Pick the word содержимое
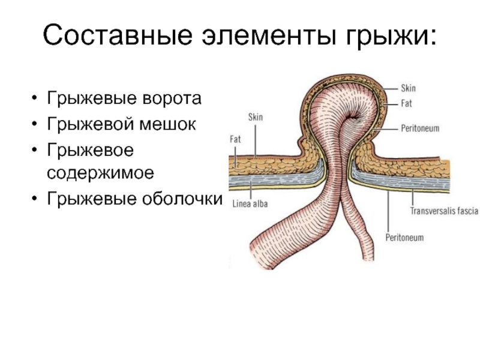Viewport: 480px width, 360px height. coord(100,173)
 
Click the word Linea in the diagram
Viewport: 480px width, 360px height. coord(241,204)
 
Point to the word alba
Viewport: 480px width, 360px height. coord(260,204)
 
